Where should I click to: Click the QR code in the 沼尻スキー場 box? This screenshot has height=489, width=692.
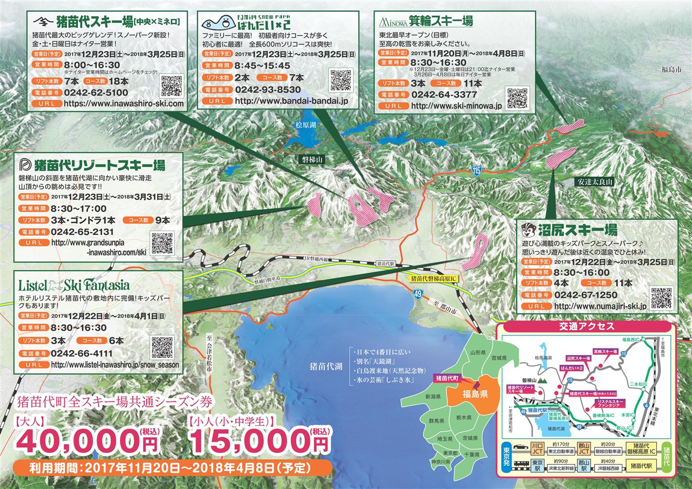pos(661,297)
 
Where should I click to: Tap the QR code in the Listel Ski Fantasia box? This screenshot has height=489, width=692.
pos(163,347)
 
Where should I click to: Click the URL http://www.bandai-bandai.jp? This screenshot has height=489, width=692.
pos(291,101)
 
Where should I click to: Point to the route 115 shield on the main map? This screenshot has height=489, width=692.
pos(475,170)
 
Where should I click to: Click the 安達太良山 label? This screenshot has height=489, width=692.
pos(595,183)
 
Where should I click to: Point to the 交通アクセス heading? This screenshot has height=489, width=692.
pos(586,326)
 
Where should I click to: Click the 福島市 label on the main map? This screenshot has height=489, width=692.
pos(671,69)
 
